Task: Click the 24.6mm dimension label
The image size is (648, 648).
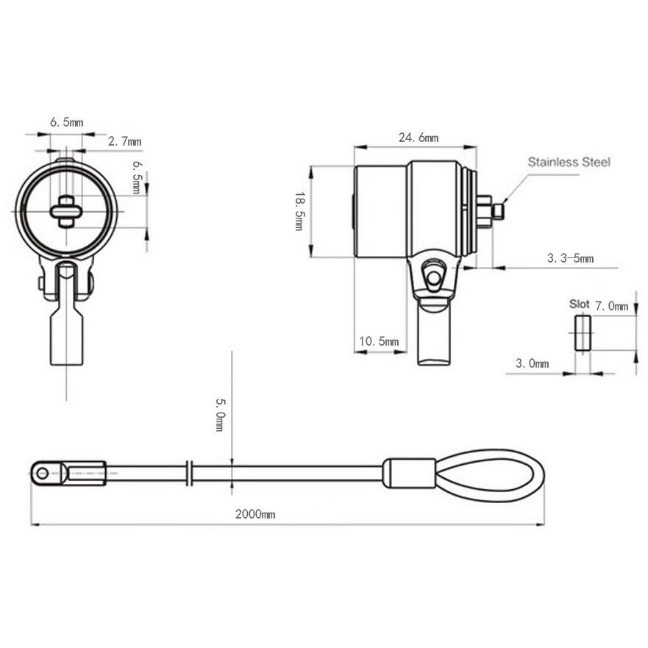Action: (x=419, y=138)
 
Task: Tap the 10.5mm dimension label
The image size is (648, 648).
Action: (x=379, y=341)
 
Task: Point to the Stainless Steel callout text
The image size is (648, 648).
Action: (x=569, y=162)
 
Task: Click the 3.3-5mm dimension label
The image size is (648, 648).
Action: (x=570, y=258)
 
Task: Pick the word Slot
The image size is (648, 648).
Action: (x=579, y=305)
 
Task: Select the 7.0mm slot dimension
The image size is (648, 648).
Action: (x=611, y=306)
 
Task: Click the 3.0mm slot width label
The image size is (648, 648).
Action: (x=533, y=363)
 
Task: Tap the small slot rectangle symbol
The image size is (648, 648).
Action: (x=583, y=332)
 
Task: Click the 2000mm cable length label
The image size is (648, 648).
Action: (x=255, y=514)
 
